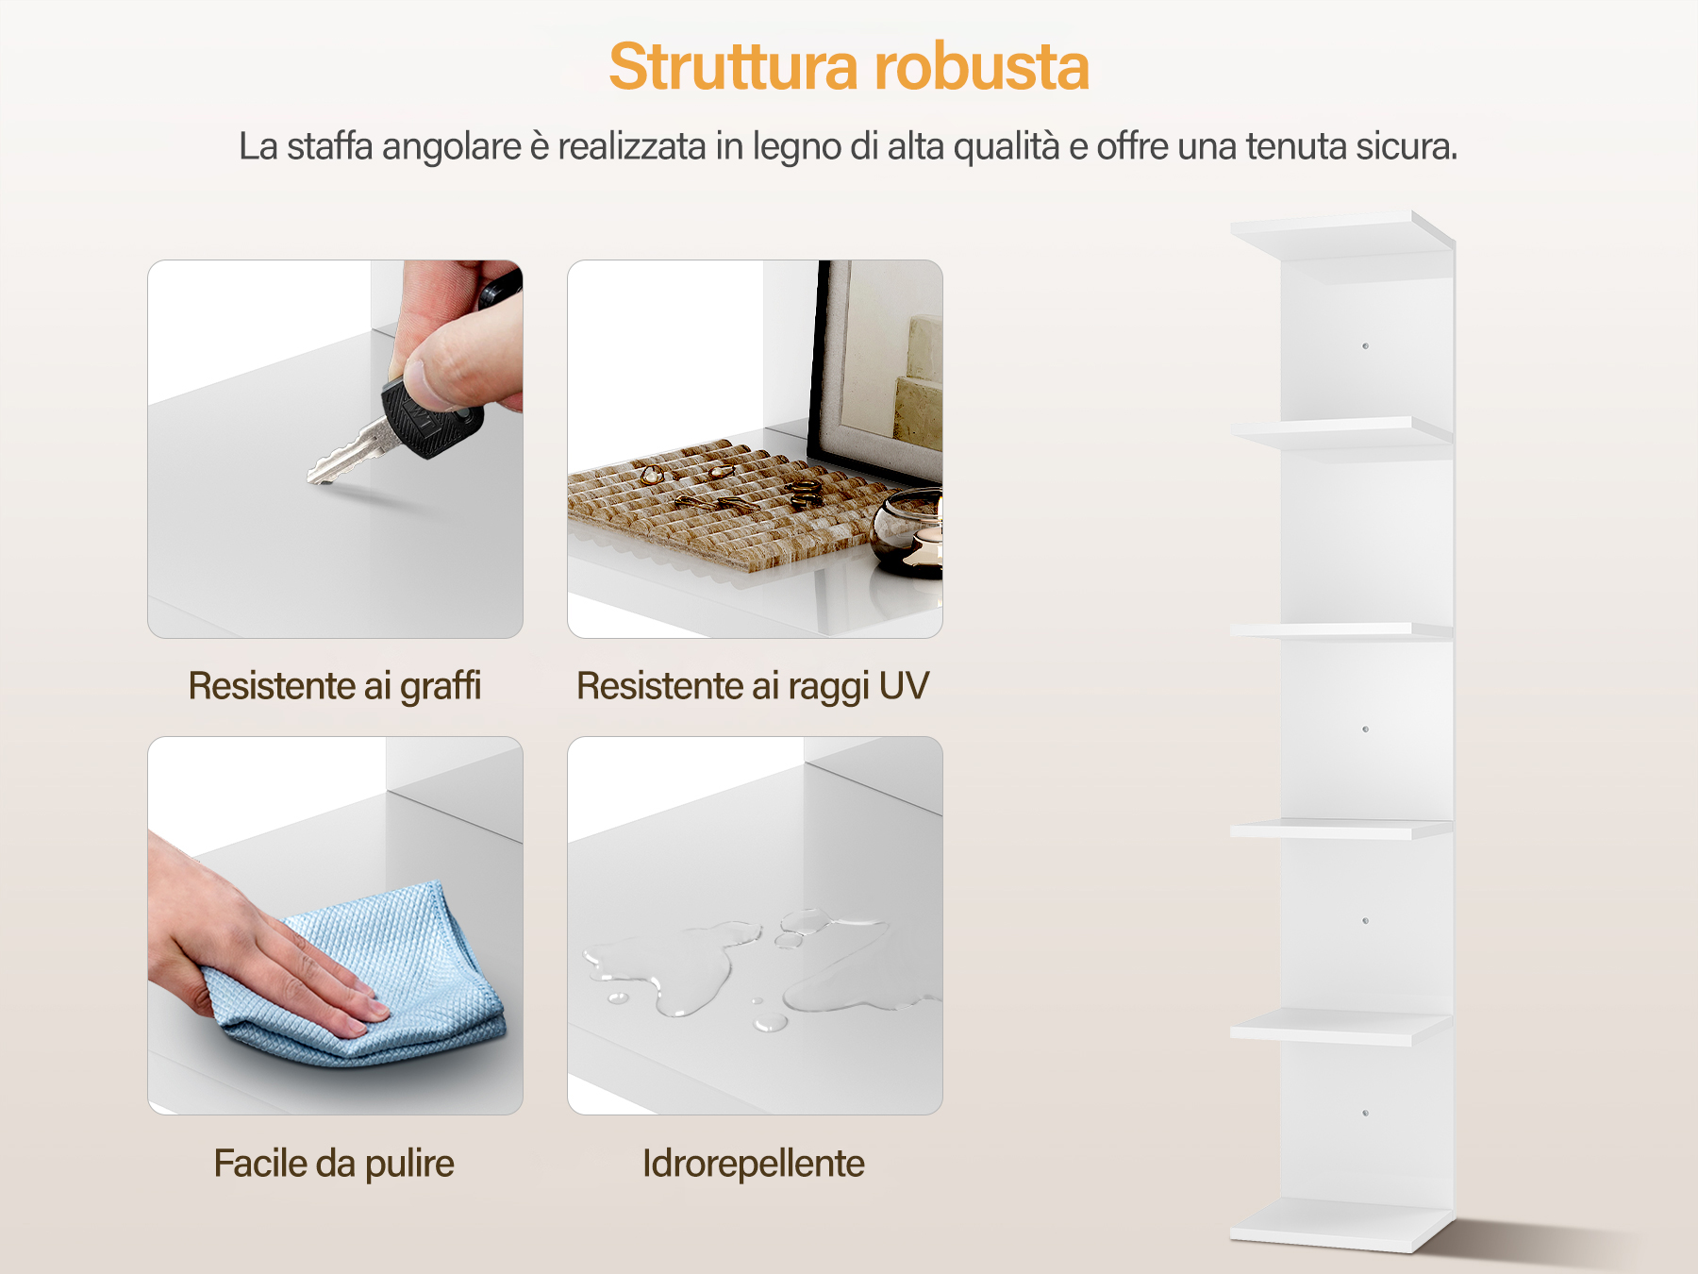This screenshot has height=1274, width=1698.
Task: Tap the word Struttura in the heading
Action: (734, 67)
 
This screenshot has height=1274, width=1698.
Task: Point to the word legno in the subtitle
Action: (797, 148)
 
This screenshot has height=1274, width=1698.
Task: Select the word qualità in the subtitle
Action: (1007, 147)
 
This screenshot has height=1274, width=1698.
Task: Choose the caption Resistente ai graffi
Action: (335, 687)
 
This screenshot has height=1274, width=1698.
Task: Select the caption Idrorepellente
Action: (754, 1164)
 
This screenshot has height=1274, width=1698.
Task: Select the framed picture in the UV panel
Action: (875, 368)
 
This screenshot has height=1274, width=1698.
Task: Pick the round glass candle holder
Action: (908, 533)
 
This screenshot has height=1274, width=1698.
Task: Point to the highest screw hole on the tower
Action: (1365, 346)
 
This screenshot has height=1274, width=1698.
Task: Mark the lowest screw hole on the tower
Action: (1365, 1114)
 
